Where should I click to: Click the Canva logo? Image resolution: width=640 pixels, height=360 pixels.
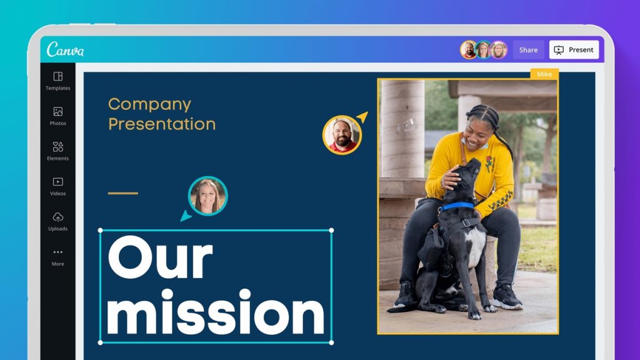(x=65, y=49)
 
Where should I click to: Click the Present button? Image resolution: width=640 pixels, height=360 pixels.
(x=574, y=50)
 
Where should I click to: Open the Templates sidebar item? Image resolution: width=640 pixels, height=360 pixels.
(x=58, y=81)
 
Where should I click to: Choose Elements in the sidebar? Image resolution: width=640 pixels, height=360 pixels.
(x=58, y=151)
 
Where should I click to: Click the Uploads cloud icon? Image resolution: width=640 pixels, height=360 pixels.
(x=58, y=217)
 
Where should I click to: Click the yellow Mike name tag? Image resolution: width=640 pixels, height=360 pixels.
(x=544, y=74)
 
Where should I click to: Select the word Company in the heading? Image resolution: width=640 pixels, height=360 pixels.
(x=149, y=105)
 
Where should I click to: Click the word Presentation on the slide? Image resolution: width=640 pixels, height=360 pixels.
(x=162, y=124)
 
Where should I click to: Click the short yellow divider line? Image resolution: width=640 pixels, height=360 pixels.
(x=123, y=193)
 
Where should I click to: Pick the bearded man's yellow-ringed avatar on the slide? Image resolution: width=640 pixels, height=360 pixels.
(x=342, y=135)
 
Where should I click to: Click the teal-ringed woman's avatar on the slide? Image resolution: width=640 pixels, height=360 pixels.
(x=207, y=196)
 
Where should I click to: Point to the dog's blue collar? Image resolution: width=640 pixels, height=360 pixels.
(x=457, y=206)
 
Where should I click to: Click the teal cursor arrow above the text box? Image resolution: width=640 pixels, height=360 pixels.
(x=185, y=216)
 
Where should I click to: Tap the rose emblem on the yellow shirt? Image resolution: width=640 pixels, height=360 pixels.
(x=488, y=163)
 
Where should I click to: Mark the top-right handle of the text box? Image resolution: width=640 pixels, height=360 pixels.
(x=331, y=231)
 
